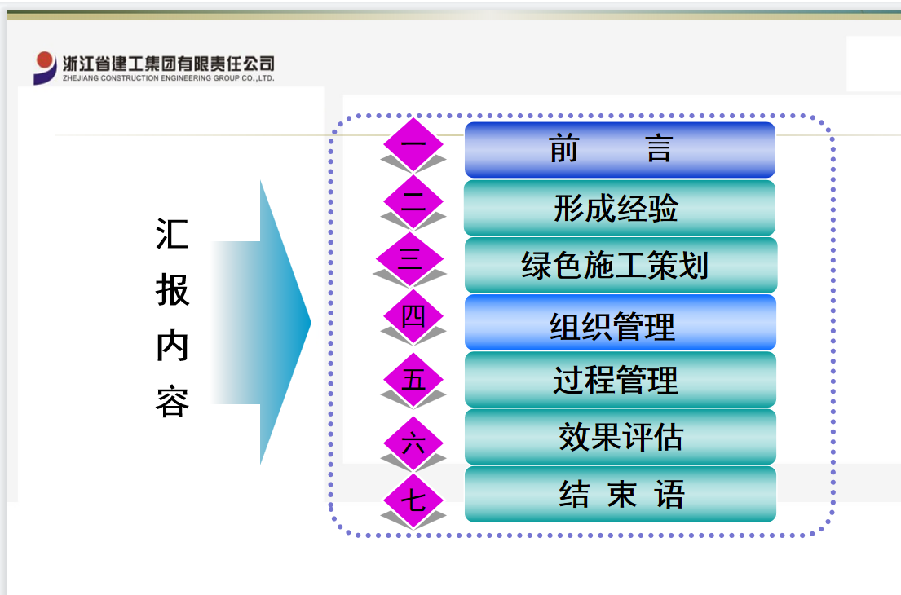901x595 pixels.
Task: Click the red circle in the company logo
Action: (x=44, y=60)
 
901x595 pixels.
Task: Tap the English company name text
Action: (x=168, y=79)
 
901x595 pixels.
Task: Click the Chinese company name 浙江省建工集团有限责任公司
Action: (x=168, y=64)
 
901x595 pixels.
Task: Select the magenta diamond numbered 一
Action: (x=413, y=144)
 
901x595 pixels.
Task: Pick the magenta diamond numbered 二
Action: (x=413, y=201)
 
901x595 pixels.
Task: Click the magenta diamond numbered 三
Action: (x=409, y=259)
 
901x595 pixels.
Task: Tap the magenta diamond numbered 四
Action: (x=413, y=316)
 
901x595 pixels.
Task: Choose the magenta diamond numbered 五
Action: (x=413, y=380)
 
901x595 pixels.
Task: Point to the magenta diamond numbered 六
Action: (x=413, y=443)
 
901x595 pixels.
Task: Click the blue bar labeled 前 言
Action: (x=620, y=149)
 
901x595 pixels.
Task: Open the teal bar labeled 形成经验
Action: (x=620, y=207)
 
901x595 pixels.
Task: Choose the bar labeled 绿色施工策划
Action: (x=621, y=265)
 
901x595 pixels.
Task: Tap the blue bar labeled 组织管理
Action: (x=621, y=322)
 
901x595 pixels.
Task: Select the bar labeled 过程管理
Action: (x=621, y=380)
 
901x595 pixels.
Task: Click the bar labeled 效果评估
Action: (x=621, y=437)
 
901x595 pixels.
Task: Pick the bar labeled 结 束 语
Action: (x=621, y=494)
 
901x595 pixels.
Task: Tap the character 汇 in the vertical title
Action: (x=172, y=234)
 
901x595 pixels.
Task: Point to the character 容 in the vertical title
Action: (x=172, y=402)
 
